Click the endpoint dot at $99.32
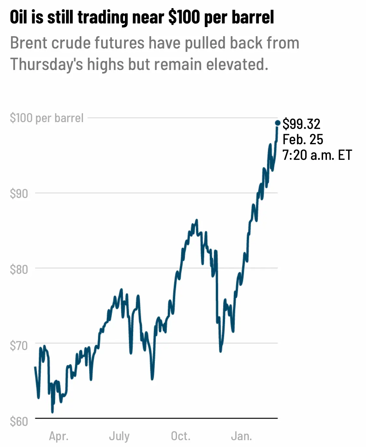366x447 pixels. coord(278,123)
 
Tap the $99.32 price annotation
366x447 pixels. coord(301,124)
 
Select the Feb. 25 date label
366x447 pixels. coord(303,139)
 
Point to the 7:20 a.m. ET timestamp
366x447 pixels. coord(317,155)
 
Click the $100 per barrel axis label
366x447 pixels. coord(47,118)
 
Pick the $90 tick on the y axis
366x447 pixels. coord(19,194)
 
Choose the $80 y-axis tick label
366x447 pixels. coord(19,269)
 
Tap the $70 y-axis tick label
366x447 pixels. coord(19,345)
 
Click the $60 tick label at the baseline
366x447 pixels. coord(19,421)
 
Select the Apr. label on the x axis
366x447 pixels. coord(59,436)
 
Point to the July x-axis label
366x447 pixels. coord(119,436)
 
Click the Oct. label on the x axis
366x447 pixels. coord(181,436)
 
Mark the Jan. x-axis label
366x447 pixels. coord(241,436)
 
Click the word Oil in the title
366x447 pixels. coord(19,17)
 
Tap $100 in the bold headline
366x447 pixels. coord(184,17)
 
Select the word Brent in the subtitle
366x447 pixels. coord(29,43)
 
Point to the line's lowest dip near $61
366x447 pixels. coord(52,412)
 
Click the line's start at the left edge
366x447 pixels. coord(35,367)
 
